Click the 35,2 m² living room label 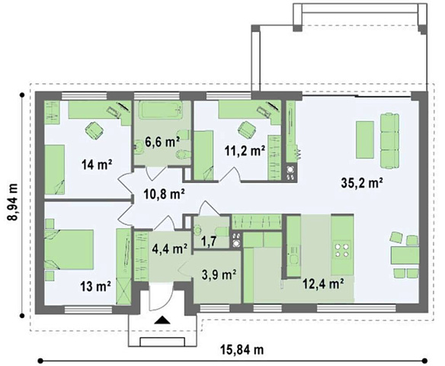pyautogui.click(x=361, y=183)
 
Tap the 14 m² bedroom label pyautogui.click(x=96, y=164)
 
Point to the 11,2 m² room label pyautogui.click(x=245, y=151)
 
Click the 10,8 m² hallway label pyautogui.click(x=165, y=194)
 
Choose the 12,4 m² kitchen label pyautogui.click(x=324, y=283)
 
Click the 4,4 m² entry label pyautogui.click(x=170, y=249)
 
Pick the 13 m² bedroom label pyautogui.click(x=96, y=286)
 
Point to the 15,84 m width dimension pyautogui.click(x=242, y=350)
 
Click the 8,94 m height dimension pyautogui.click(x=12, y=203)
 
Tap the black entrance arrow pyautogui.click(x=162, y=320)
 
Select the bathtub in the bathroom pyautogui.click(x=161, y=110)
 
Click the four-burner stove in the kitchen pyautogui.click(x=341, y=249)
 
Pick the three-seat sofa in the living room pyautogui.click(x=389, y=141)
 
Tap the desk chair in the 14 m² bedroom pyautogui.click(x=94, y=130)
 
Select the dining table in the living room pyautogui.click(x=405, y=255)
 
